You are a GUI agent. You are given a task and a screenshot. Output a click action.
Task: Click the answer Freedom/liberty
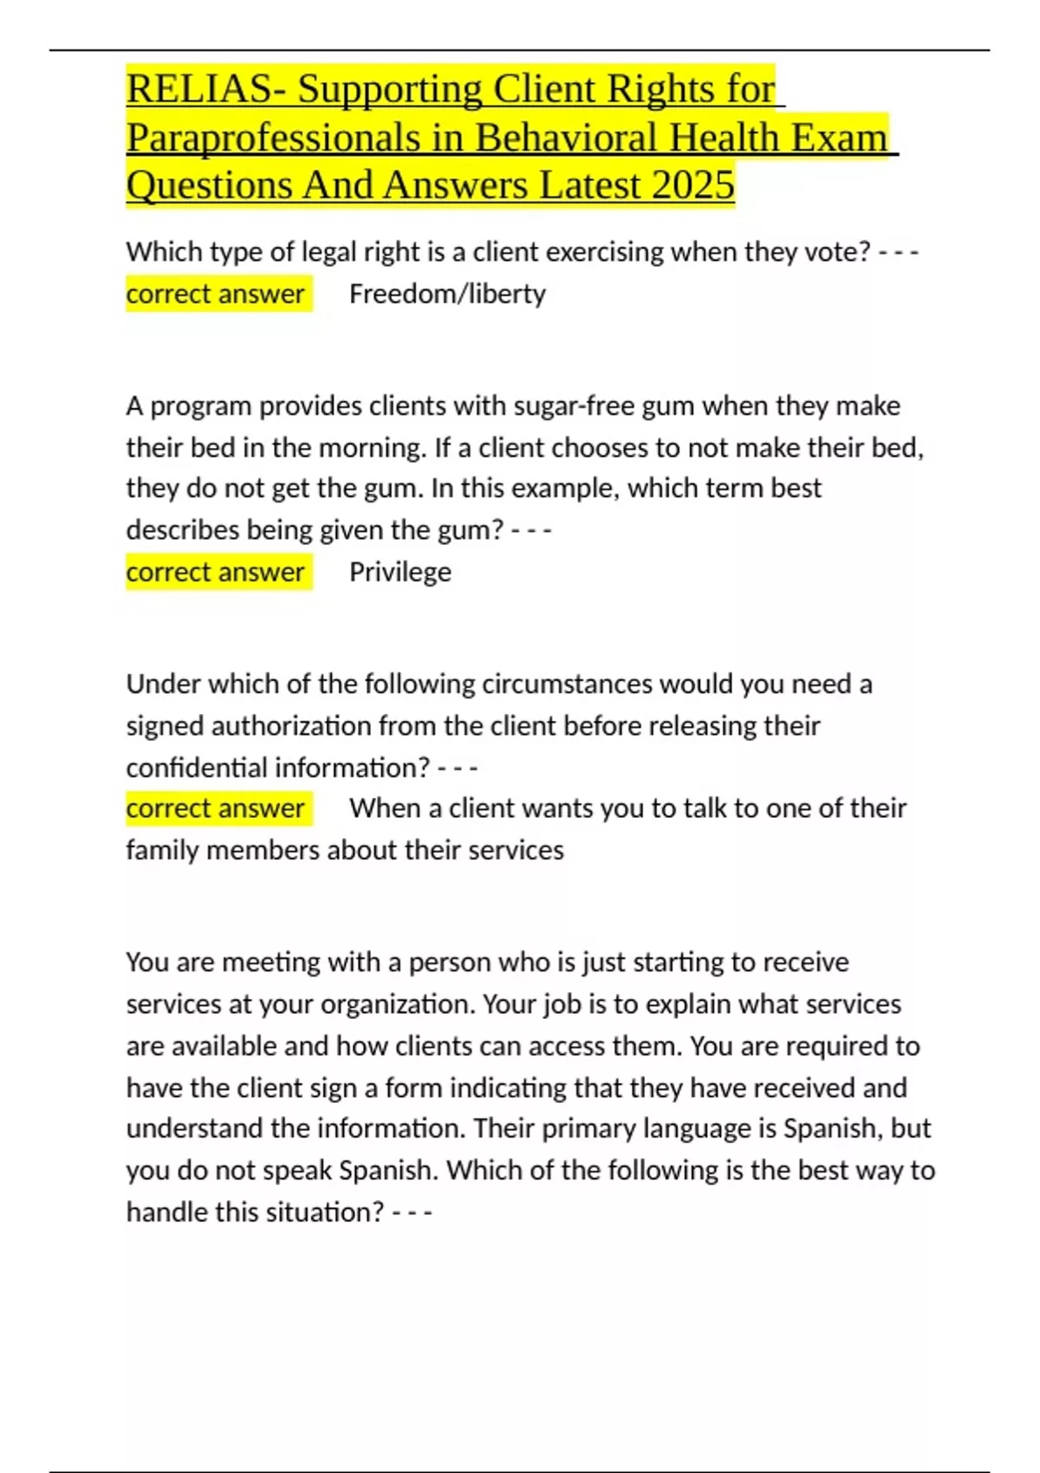(447, 294)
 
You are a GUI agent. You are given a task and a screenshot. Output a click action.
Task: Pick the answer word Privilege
(400, 572)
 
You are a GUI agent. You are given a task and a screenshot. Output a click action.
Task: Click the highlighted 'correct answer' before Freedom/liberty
(216, 294)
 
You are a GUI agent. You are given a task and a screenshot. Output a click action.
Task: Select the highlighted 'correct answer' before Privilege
(216, 572)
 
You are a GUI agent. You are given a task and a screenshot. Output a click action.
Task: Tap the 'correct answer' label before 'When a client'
(216, 808)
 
